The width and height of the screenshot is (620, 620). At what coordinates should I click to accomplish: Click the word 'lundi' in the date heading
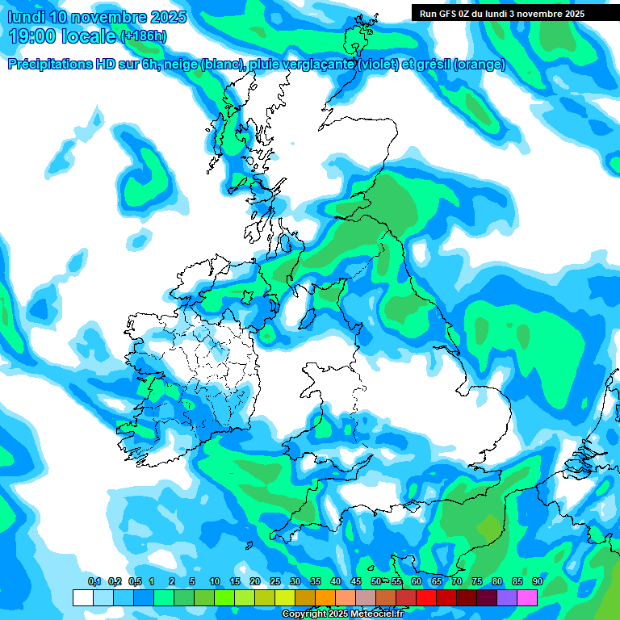[x=27, y=17]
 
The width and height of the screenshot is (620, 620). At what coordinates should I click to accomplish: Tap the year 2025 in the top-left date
[x=168, y=17]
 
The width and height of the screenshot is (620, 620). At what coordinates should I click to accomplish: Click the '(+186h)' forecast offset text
[x=144, y=36]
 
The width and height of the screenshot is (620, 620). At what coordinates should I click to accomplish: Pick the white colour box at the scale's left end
[x=82, y=597]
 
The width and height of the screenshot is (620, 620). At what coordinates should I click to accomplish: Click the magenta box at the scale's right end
[x=527, y=597]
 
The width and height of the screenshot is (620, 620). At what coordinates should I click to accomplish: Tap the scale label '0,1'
[x=94, y=581]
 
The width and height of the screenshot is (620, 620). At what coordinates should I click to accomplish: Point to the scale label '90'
[x=537, y=581]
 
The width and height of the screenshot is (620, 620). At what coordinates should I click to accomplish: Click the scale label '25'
[x=274, y=581]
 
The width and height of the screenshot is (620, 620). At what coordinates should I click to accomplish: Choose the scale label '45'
[x=356, y=581]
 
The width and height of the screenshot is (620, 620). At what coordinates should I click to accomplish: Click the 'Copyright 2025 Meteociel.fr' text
[x=342, y=614]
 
